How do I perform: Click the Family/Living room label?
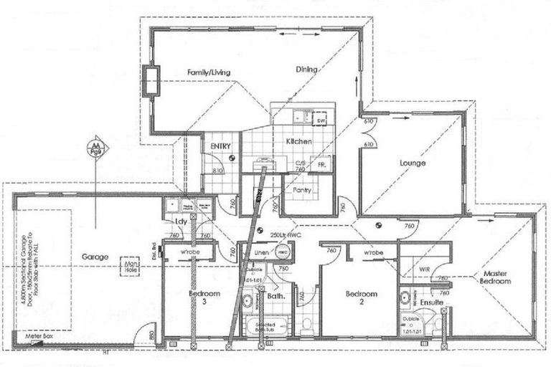[209, 72]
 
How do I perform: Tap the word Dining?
[307, 70]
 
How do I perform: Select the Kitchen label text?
[298, 142]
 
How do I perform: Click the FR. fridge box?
[320, 164]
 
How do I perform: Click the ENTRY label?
[220, 146]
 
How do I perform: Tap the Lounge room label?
[413, 163]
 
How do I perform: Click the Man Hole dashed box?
[131, 266]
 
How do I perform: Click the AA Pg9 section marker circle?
[93, 148]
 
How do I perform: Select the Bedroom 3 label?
[189, 298]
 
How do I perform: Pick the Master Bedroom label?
[496, 277]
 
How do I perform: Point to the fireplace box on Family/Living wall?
[151, 80]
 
